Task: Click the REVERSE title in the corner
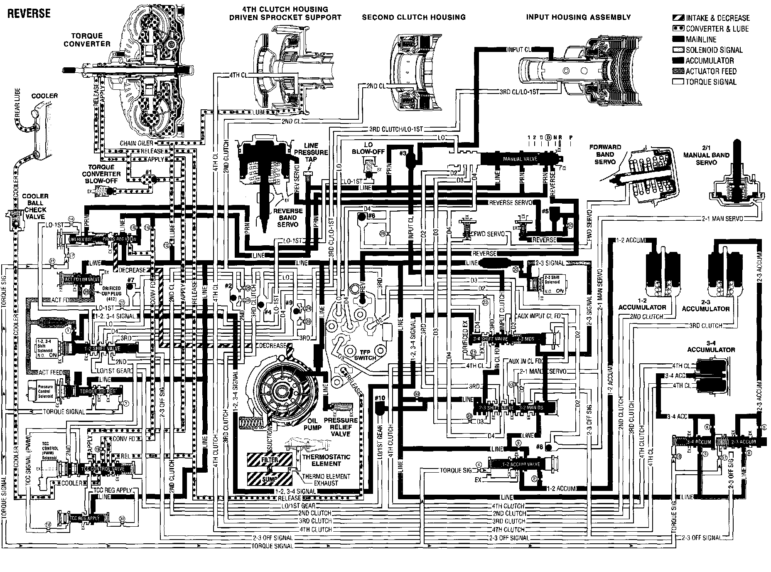29,13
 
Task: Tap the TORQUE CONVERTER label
87,40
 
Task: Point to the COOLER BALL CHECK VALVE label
35,206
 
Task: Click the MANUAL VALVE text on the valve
520,159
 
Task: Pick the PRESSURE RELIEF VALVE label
340,427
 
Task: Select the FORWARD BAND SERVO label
605,154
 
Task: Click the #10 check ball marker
380,398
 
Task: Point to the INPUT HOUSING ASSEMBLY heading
578,17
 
